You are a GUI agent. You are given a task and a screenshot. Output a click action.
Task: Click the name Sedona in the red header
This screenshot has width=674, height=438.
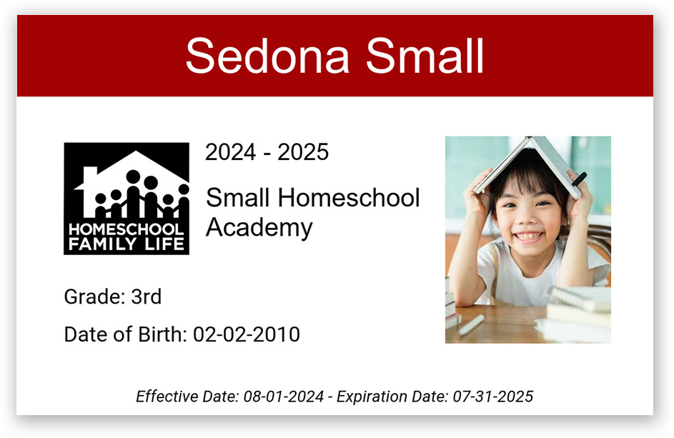[x=267, y=56]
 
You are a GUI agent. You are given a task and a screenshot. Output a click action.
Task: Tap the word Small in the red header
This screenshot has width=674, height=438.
[x=425, y=56]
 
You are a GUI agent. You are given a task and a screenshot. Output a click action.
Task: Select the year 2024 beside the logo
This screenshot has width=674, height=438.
[x=231, y=152]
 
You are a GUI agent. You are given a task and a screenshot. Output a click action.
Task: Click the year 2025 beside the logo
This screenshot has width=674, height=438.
[x=303, y=152]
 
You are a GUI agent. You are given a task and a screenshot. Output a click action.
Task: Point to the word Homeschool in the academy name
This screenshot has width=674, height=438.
[x=349, y=198]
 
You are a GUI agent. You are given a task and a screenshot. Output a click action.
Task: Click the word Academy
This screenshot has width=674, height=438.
[x=259, y=228]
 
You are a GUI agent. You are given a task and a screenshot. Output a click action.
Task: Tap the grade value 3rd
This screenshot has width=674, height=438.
[x=146, y=297]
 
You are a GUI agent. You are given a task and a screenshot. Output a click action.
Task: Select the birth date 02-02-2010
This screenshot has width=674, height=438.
[x=247, y=334]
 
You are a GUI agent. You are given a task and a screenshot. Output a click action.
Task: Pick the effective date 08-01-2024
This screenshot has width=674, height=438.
[x=284, y=397]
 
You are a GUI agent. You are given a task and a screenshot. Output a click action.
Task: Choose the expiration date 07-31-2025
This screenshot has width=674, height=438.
[x=493, y=397]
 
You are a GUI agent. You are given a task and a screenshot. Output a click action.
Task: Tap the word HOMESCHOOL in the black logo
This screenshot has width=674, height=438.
[x=127, y=229]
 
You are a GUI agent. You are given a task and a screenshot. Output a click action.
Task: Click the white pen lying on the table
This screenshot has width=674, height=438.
[x=472, y=324]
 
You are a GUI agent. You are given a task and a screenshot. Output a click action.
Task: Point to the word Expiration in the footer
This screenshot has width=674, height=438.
[x=372, y=397]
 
